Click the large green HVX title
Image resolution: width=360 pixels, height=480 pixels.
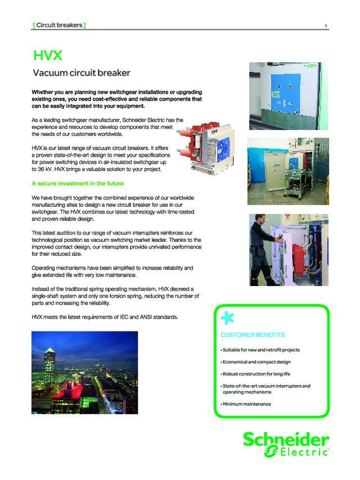tap(47, 56)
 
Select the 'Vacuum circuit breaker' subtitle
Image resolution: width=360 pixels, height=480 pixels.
tap(82, 73)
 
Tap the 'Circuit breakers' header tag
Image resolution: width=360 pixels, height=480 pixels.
tap(59, 25)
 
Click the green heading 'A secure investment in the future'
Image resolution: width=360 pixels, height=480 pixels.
tap(78, 184)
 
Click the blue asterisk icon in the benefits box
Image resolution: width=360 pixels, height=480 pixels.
tap(227, 318)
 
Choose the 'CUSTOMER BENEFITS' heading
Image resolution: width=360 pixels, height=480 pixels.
tap(253, 335)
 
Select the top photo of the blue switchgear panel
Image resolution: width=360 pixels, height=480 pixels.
tap(285, 96)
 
